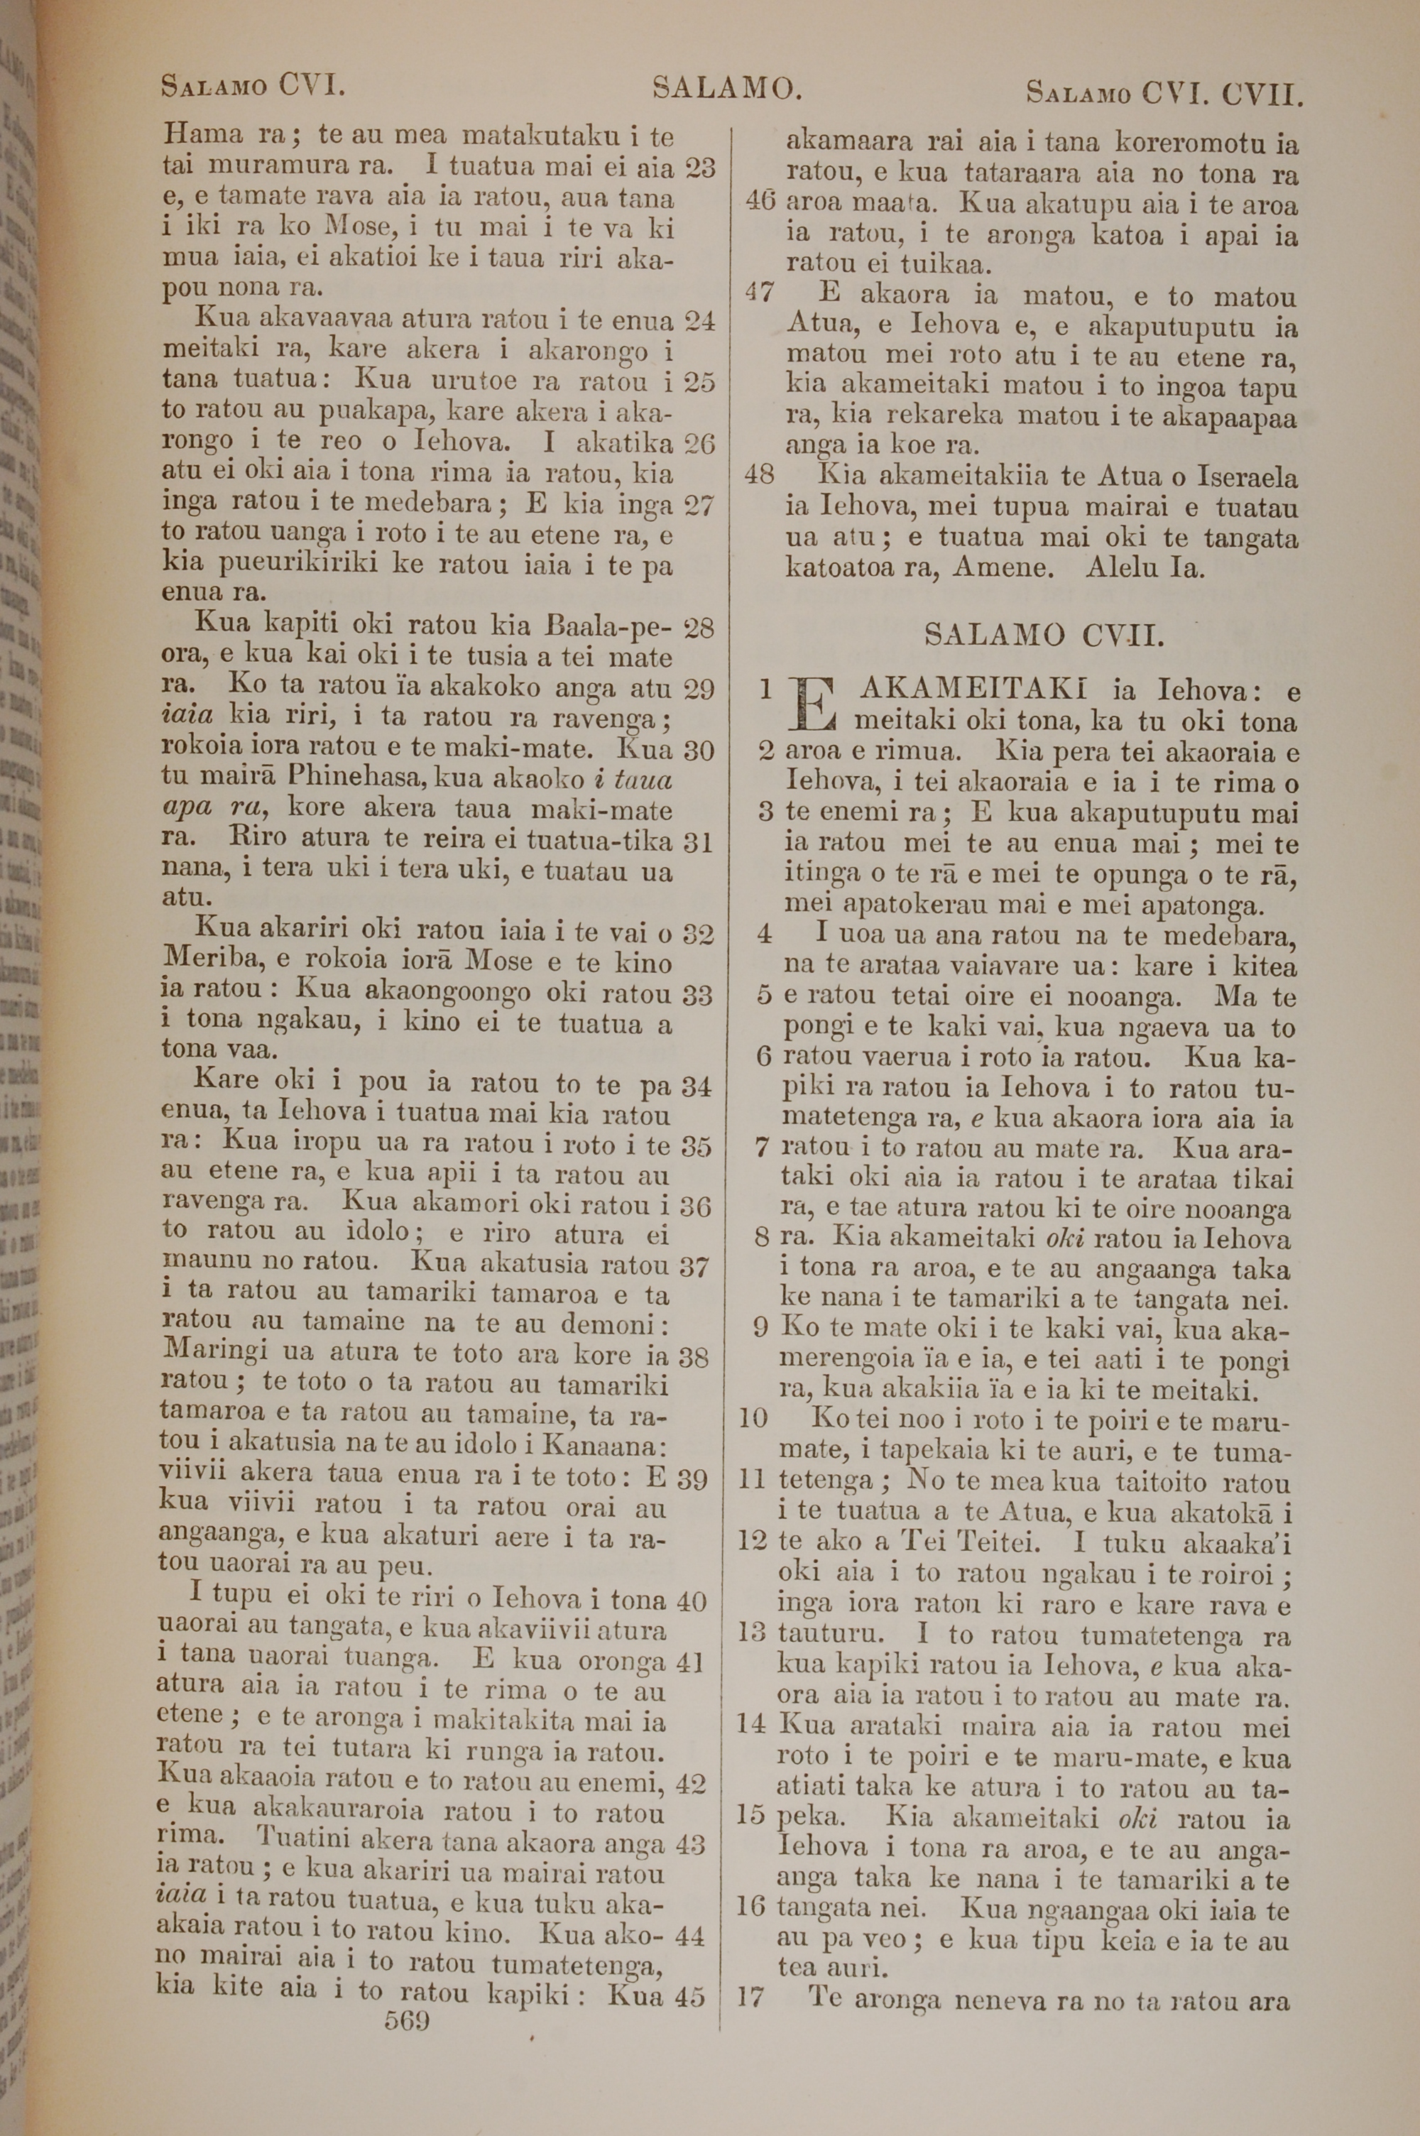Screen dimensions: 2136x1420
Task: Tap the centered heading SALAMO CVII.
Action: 1043,636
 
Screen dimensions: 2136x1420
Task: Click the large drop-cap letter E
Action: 813,705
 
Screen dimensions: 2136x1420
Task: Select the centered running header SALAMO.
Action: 726,88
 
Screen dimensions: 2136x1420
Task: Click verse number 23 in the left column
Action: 699,168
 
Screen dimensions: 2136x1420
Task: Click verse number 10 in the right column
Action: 753,1417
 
